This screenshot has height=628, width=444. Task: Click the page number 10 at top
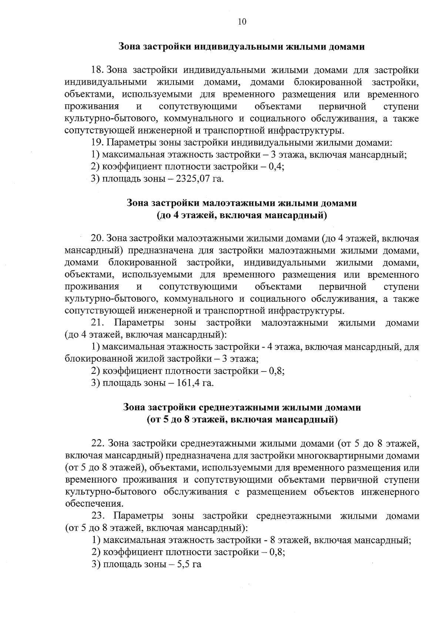pos(242,21)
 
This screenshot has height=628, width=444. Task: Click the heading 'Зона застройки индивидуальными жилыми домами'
pos(242,47)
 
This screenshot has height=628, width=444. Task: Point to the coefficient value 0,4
pos(276,167)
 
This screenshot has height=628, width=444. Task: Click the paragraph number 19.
pos(98,143)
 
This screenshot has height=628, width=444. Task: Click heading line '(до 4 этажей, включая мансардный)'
pos(242,215)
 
